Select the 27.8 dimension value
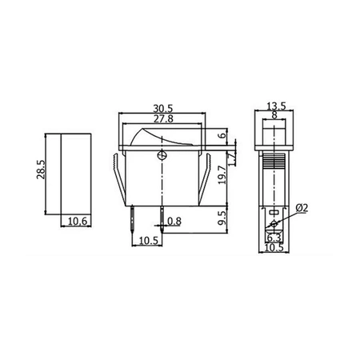[x=162, y=118]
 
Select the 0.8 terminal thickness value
[x=175, y=222]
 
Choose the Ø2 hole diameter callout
[x=302, y=210]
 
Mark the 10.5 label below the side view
[x=274, y=248]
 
